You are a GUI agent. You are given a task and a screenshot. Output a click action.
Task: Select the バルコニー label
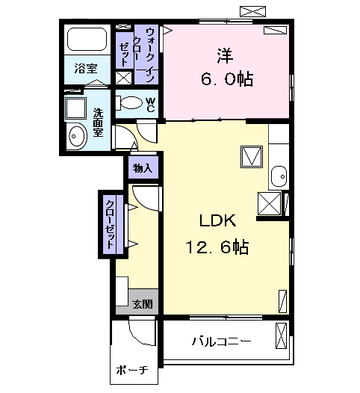click(x=221, y=342)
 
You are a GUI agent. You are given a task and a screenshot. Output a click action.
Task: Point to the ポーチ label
click(x=132, y=371)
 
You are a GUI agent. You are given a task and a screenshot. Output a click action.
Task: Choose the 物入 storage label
click(x=143, y=168)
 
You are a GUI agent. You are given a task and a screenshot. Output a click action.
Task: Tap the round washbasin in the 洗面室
click(x=76, y=136)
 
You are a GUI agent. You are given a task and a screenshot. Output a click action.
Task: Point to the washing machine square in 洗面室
click(x=75, y=108)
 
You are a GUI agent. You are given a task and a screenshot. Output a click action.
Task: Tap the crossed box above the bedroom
click(x=251, y=10)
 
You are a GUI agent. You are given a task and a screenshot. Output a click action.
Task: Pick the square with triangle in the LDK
click(x=251, y=157)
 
